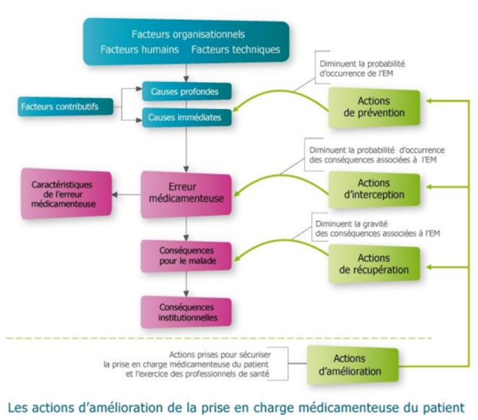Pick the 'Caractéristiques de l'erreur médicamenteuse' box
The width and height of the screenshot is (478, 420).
(x=66, y=194)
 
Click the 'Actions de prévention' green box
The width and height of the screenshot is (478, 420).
(x=374, y=107)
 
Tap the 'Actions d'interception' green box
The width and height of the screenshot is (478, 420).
(x=374, y=189)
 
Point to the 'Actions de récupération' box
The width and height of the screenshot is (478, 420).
(x=374, y=264)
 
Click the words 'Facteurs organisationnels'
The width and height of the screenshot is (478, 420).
(x=188, y=34)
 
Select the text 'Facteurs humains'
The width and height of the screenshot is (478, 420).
(x=139, y=50)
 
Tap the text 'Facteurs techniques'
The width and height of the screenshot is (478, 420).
(x=236, y=50)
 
